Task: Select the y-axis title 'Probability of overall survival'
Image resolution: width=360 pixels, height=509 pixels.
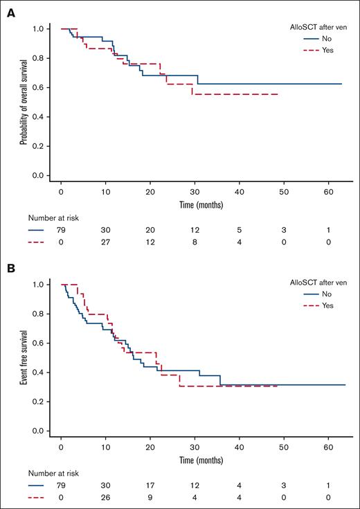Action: point(25,102)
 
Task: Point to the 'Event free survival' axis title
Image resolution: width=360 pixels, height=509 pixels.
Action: point(25,357)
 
